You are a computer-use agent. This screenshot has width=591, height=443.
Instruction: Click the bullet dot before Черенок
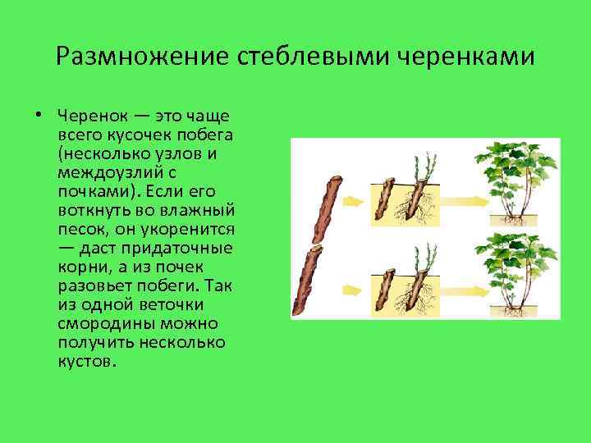(39, 114)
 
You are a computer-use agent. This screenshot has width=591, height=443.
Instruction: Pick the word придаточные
(184, 247)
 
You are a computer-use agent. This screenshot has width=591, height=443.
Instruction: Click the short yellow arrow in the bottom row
(354, 289)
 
